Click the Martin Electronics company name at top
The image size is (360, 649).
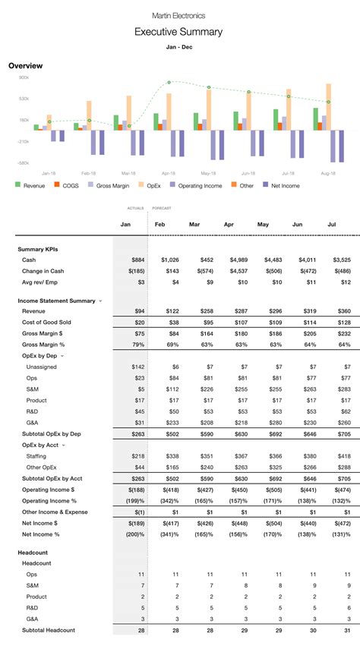178,15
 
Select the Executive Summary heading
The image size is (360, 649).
178,32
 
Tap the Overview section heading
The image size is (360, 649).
25,66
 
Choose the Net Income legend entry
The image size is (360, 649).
283,185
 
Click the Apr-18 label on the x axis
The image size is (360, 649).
168,173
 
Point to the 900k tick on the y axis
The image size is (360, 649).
24,77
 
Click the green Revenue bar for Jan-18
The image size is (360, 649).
36,127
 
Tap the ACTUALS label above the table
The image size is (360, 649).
135,207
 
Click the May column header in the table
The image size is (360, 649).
264,225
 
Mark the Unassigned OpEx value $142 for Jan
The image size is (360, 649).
138,367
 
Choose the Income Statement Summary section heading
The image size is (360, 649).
56,301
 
